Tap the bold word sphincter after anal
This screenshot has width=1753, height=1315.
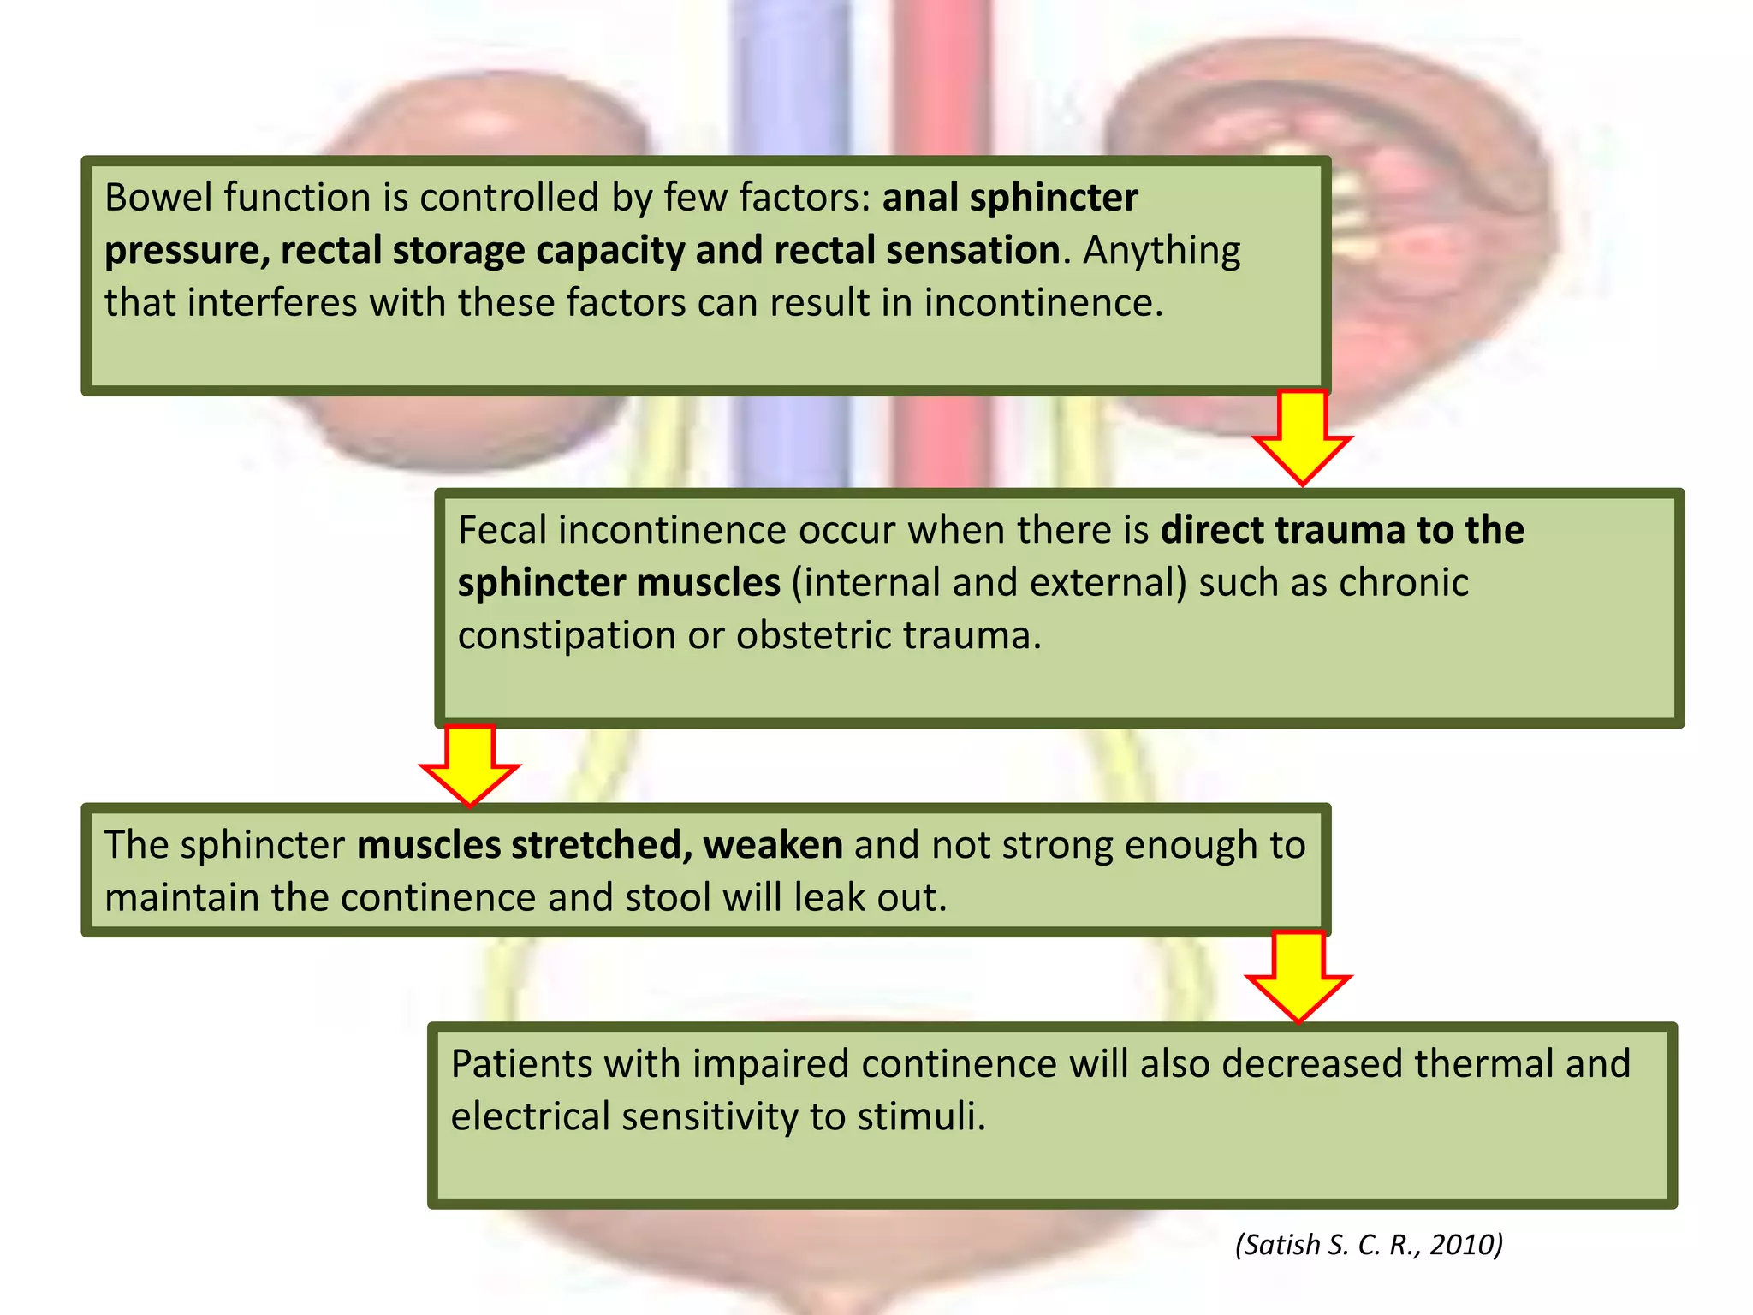pyautogui.click(x=1054, y=198)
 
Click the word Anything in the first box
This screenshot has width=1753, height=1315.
pyautogui.click(x=1162, y=251)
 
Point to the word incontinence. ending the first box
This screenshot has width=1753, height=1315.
pyautogui.click(x=1043, y=303)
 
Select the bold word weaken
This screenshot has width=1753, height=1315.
pyautogui.click(x=773, y=846)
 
